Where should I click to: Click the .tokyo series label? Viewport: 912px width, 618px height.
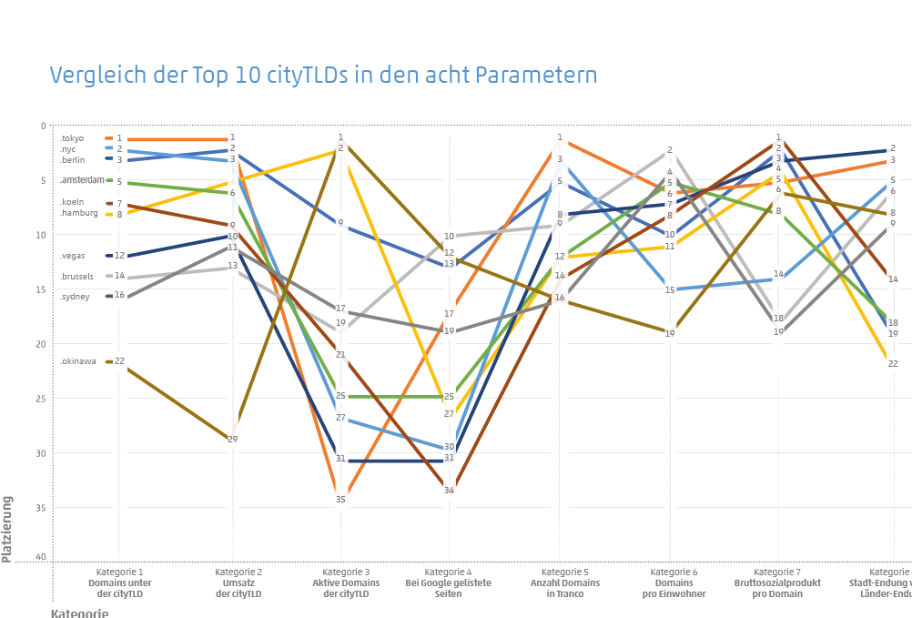coord(72,138)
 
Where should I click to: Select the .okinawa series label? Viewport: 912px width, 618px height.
coord(77,361)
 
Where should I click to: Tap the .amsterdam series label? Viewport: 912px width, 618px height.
coord(82,180)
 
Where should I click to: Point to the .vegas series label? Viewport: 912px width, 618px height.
coord(73,256)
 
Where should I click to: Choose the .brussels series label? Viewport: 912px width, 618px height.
coord(76,276)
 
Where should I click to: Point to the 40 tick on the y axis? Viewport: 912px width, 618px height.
coord(40,557)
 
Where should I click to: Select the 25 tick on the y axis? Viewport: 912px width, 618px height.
coord(40,399)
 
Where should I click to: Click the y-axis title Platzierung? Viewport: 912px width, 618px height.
coord(7,528)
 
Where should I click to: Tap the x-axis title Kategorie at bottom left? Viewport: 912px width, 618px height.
coord(79,613)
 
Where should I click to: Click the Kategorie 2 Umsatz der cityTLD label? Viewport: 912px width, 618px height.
coord(238,583)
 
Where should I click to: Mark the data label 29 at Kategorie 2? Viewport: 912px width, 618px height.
coord(232,440)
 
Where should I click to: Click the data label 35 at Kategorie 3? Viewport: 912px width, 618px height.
coord(340,499)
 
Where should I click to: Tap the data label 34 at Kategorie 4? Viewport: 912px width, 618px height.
coord(449,491)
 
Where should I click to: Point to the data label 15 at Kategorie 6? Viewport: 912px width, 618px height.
coord(670,290)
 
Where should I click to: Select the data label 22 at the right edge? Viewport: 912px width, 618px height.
coord(893,363)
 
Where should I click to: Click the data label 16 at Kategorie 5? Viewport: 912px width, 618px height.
coord(560,298)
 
